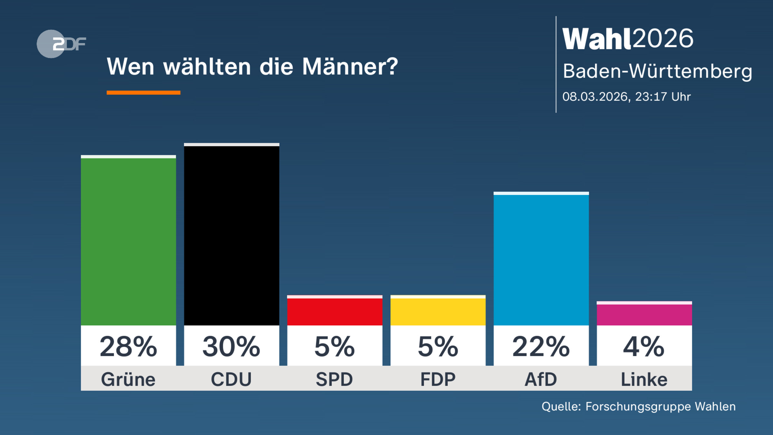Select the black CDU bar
pos(231,235)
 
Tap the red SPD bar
pos(335,311)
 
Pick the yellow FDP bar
pos(438,311)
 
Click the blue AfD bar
pos(541,259)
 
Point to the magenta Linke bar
pos(644,314)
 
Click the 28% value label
pos(128,347)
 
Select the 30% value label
pos(231,347)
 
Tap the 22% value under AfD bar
pos(541,347)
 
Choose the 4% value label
pos(644,347)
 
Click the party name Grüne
pos(128,379)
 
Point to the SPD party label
pos(335,379)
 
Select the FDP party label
pos(438,379)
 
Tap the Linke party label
pos(644,379)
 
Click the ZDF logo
pos(61,44)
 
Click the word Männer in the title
pos(350,67)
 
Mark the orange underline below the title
pos(143,93)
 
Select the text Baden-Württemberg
pos(657,71)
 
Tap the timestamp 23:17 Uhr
pos(663,97)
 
